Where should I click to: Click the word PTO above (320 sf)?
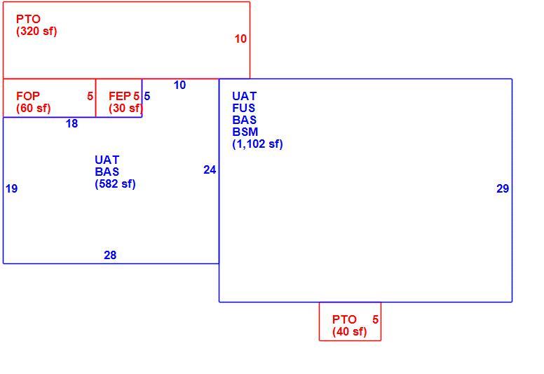coord(28,19)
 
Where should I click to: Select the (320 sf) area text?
coord(36,32)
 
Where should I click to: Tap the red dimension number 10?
coord(240,39)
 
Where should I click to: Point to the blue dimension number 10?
coord(179,85)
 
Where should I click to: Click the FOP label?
coord(28,96)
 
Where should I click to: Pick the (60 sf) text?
coord(34,108)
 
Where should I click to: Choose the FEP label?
coord(120,96)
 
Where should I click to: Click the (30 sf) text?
coord(125,108)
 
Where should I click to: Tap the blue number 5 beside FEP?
coord(147,96)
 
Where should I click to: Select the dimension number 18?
coord(72,124)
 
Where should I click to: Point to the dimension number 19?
coord(11,188)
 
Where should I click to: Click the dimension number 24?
coord(210,170)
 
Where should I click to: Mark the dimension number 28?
coord(110,255)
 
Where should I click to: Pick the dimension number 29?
coord(503,188)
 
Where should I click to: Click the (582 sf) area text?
coord(115,183)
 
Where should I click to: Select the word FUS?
coord(243,108)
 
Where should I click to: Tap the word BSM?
coord(245,132)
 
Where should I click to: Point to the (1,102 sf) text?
coord(257,144)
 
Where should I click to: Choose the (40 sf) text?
coord(349,332)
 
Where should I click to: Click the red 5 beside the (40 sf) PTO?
coord(375,319)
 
